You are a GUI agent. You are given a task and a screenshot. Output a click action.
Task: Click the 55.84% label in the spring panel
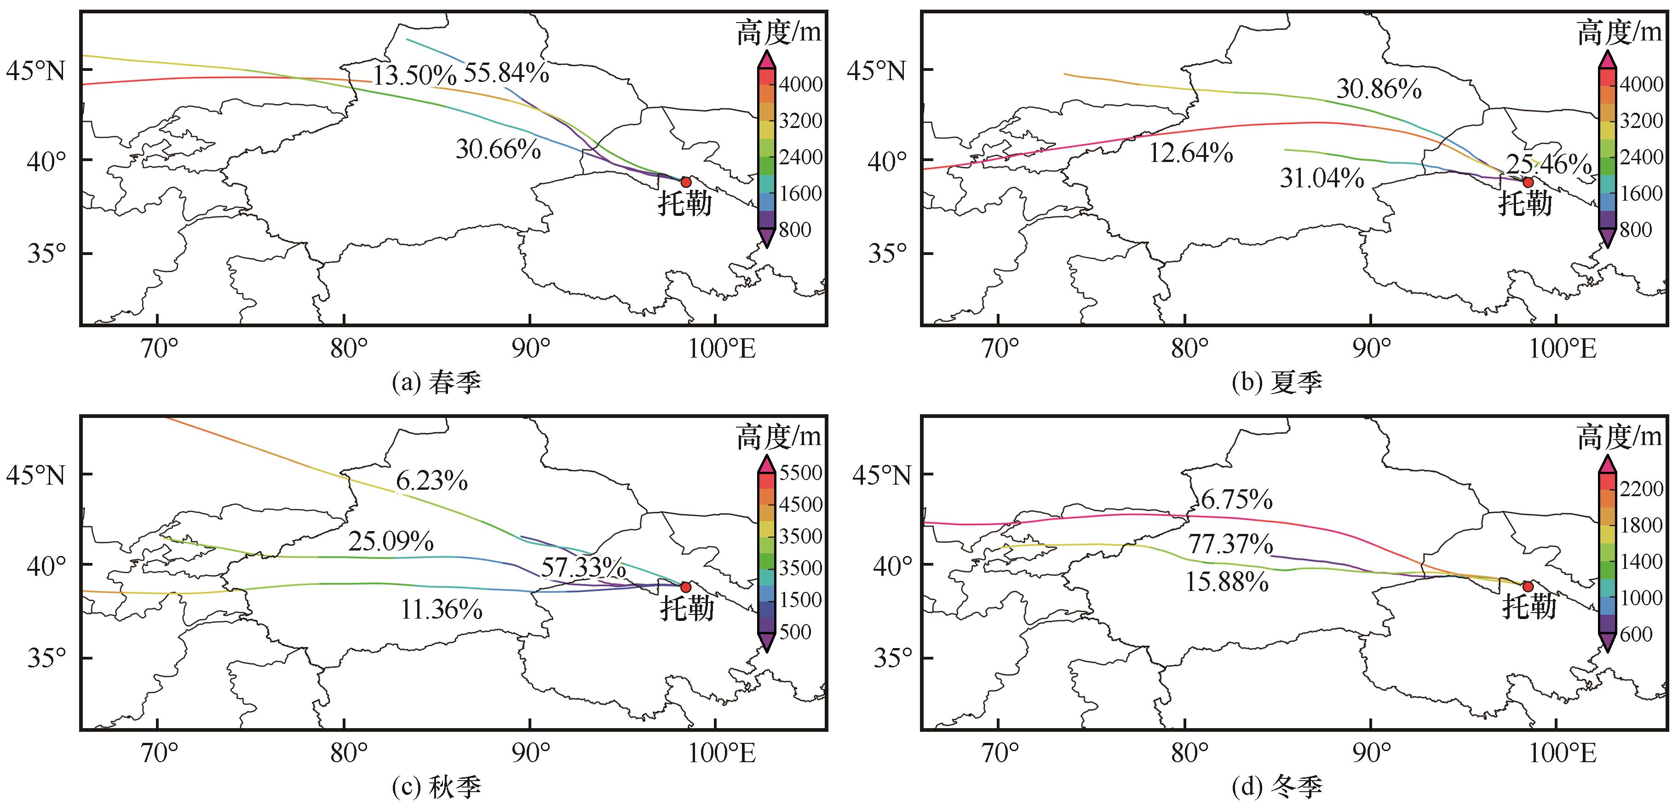506,73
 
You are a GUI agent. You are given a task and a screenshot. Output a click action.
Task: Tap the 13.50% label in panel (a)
414,75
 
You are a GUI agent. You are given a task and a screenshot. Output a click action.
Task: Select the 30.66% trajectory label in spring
498,149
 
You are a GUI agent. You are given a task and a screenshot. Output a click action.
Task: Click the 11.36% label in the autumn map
441,609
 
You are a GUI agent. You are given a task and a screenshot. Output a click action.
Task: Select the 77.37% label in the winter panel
1230,544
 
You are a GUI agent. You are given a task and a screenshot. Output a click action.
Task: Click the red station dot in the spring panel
685,182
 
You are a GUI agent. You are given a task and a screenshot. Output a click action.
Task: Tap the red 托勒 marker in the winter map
1528,587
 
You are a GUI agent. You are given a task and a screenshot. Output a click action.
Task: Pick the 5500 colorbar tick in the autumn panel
800,473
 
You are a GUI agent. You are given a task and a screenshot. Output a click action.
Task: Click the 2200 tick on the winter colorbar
1642,489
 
